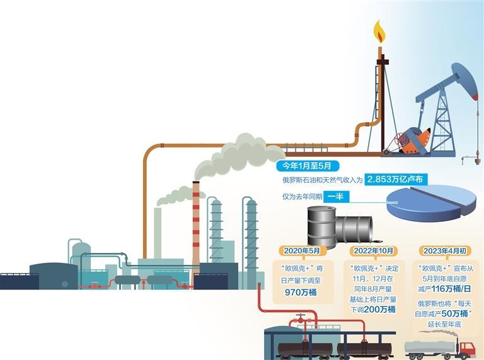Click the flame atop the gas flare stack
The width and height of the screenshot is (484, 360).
379,32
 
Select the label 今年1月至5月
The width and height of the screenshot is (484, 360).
308,166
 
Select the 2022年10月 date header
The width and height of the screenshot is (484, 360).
375,250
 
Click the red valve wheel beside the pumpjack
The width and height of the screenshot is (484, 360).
398,138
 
